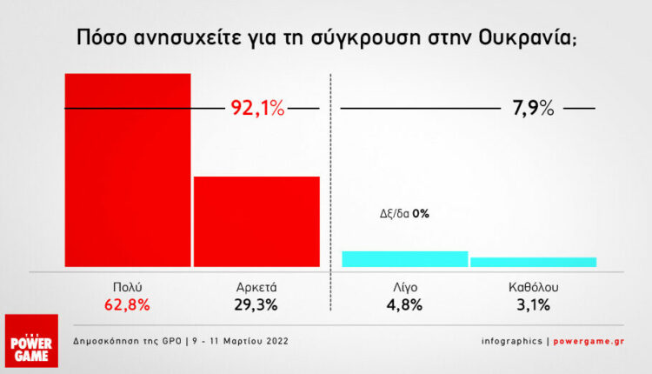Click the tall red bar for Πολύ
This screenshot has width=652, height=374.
[128, 170]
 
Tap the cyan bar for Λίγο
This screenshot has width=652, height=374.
[405, 258]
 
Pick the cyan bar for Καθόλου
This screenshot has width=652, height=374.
[533, 262]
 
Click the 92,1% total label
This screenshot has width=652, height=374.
[257, 109]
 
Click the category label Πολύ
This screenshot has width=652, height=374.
[128, 286]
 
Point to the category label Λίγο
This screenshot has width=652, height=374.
[405, 286]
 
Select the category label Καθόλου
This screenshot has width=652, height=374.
[533, 286]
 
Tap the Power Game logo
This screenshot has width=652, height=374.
[32, 340]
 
